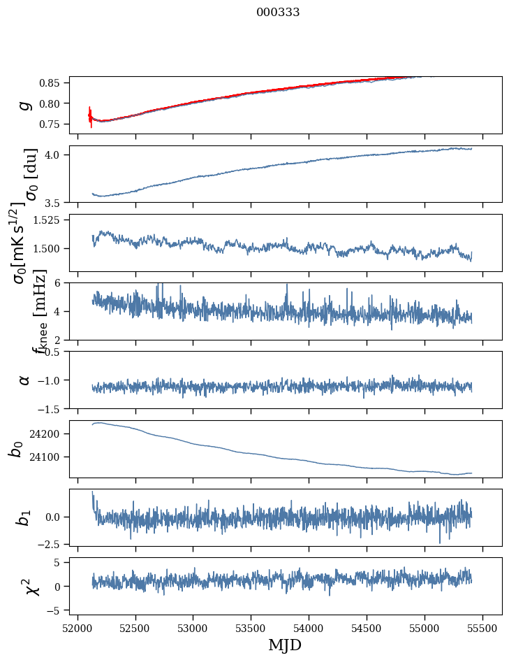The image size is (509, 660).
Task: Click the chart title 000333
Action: (x=278, y=12)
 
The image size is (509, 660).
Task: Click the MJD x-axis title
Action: (x=285, y=645)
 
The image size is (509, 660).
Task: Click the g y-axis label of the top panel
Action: (x=24, y=105)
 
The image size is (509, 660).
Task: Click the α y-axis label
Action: (x=24, y=380)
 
